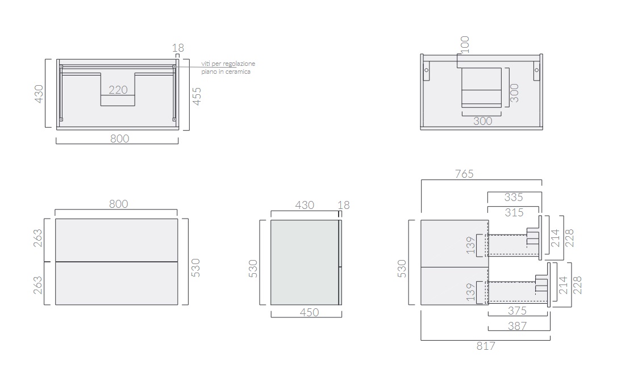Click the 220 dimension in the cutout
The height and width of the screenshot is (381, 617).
118,90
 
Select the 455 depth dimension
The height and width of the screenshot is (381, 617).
197,96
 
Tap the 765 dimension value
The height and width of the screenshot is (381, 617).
464,174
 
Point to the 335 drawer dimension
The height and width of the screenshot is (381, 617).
514,197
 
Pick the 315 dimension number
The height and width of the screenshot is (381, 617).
514,212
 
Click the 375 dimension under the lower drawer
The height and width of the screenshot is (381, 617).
517,311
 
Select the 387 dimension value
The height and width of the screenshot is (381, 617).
517,326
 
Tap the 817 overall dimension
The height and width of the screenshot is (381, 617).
486,346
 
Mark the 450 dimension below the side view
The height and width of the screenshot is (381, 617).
309,312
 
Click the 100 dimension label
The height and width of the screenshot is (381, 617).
465,44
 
